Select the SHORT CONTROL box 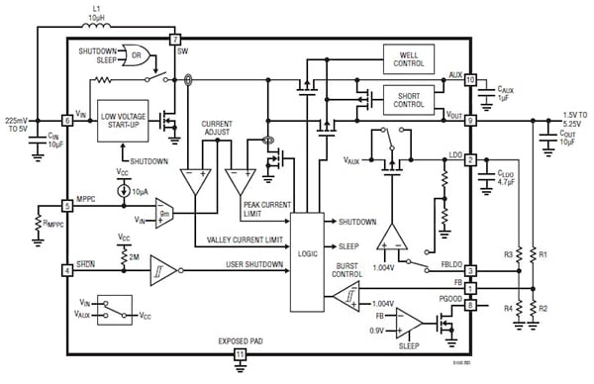pyautogui.click(x=408, y=97)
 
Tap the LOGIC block pyautogui.click(x=307, y=252)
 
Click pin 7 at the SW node pyautogui.click(x=174, y=39)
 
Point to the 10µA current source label pyautogui.click(x=140, y=188)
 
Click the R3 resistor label pyautogui.click(x=508, y=254)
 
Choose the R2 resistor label pyautogui.click(x=543, y=308)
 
